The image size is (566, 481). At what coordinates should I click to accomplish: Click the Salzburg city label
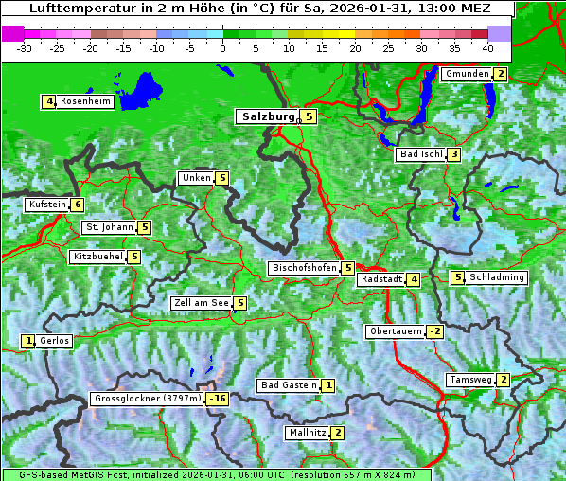(x=268, y=116)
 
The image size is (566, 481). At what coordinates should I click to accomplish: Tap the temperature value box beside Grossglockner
(x=218, y=400)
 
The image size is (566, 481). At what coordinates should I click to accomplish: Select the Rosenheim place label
(x=85, y=101)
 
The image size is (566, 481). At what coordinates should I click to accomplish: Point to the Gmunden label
(x=467, y=74)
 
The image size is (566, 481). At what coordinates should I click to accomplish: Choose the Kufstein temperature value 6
(x=77, y=205)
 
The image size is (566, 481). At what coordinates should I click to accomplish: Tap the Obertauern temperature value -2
(x=434, y=331)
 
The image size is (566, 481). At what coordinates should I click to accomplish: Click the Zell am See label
(x=202, y=303)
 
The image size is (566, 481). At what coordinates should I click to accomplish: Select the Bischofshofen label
(x=304, y=268)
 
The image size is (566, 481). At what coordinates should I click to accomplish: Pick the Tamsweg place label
(x=470, y=380)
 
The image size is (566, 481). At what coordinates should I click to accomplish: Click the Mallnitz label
(x=307, y=433)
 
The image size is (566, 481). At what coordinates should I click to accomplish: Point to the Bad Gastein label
(x=289, y=385)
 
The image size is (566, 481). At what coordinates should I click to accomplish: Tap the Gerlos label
(x=55, y=341)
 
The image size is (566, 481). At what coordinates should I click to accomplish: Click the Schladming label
(x=497, y=277)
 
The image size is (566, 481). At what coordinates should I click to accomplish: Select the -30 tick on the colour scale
(x=25, y=47)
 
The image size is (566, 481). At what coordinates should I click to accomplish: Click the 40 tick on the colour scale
(x=487, y=47)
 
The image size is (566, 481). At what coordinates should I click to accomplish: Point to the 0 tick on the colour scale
(x=223, y=47)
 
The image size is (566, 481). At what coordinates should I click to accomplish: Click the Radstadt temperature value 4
(x=414, y=279)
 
